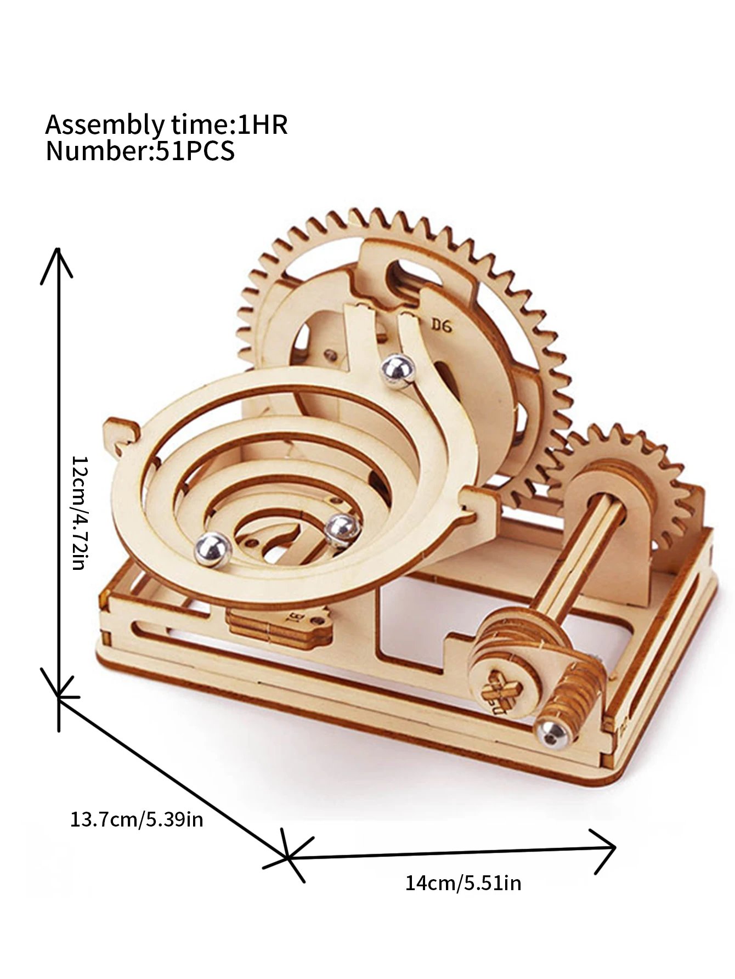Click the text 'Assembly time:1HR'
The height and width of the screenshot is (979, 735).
166,125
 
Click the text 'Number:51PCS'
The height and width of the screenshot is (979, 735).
140,151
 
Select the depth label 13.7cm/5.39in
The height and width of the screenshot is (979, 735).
137,819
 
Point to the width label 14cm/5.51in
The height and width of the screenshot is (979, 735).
463,884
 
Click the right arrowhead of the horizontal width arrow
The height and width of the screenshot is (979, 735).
609,863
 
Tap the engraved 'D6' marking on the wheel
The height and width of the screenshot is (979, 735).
440,326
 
